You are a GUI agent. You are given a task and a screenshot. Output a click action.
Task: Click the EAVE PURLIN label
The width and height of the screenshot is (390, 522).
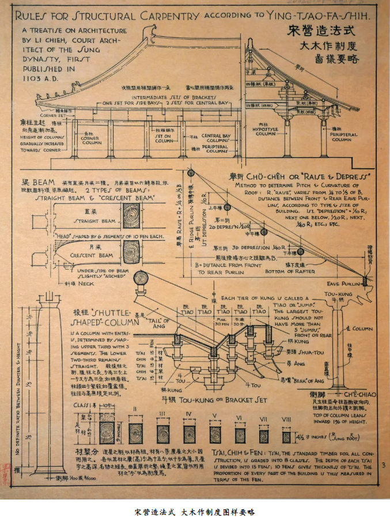pyautogui.click(x=343, y=284)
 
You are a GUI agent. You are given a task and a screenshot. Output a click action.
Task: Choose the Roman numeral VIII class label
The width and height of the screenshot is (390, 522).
pyautogui.click(x=284, y=417)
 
